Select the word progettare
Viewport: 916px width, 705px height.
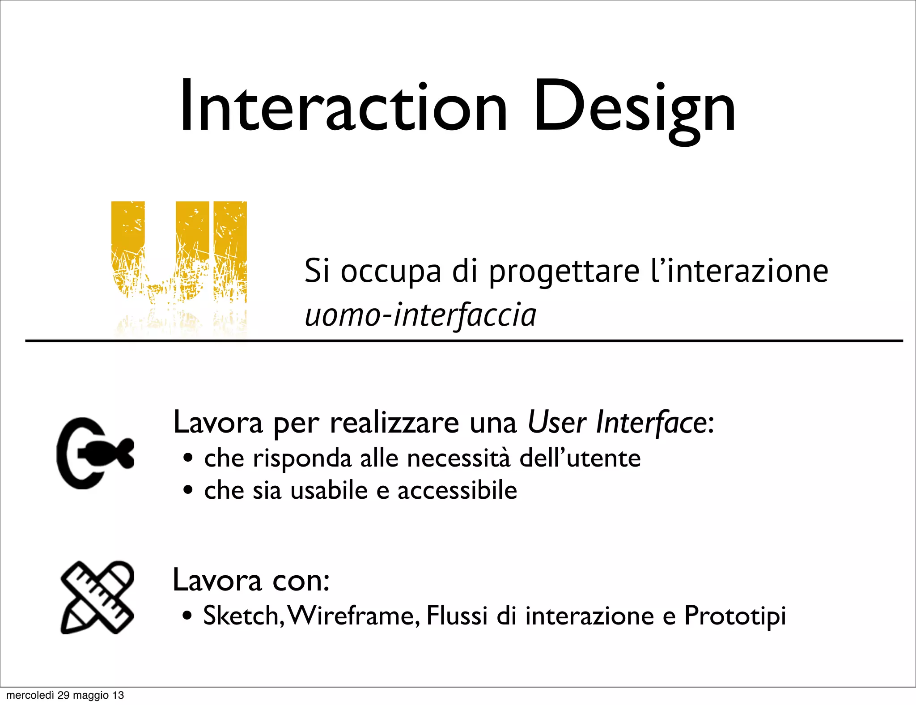[x=564, y=272]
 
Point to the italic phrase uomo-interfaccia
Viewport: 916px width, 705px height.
[x=420, y=315]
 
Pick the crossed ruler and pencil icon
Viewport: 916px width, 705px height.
[x=97, y=597]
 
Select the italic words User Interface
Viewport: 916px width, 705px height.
[x=619, y=422]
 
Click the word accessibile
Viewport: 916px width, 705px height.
[x=457, y=490]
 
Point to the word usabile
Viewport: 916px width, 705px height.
[x=329, y=490]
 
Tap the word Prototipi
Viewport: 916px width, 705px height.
[x=735, y=616]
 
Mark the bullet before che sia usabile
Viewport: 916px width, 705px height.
[x=188, y=490]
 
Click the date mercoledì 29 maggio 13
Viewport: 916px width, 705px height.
[x=65, y=695]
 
